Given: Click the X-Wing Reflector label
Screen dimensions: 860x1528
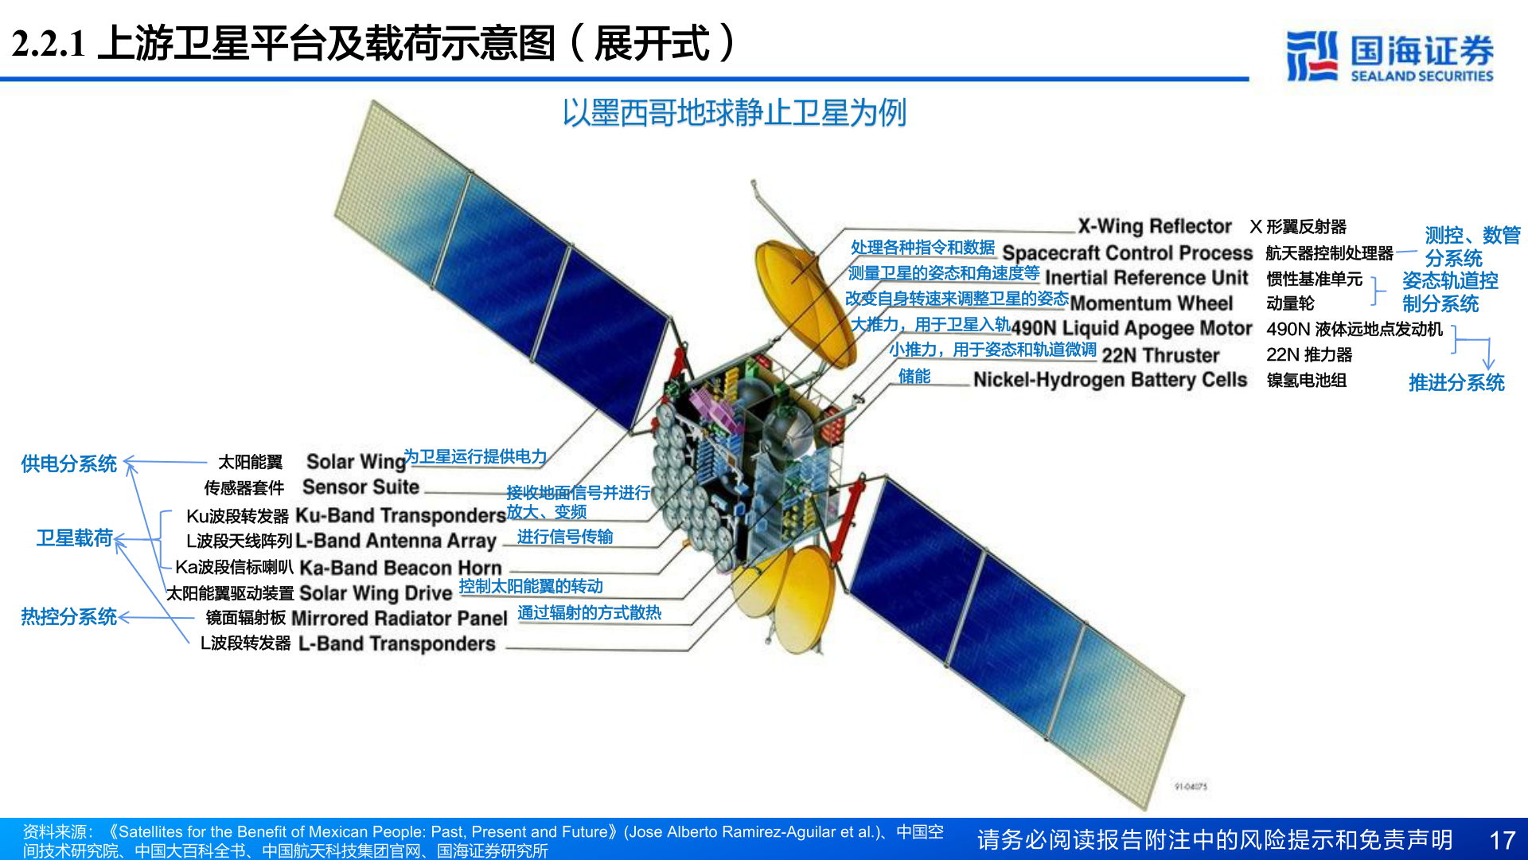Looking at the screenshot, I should point(1154,226).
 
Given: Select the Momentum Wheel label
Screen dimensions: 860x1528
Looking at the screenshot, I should point(1151,303).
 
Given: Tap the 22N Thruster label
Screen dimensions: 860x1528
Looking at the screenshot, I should point(1160,355).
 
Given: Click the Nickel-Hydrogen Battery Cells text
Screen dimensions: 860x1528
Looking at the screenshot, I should point(1109,380).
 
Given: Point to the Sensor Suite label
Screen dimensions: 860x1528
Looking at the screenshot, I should point(361,487).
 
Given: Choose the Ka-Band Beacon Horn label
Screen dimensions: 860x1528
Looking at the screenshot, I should point(400,568).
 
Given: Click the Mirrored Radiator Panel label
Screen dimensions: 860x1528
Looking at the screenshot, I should point(399,618).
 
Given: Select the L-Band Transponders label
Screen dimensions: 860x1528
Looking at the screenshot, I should point(396,643).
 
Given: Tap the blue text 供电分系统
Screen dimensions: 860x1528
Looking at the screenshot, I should point(68,463).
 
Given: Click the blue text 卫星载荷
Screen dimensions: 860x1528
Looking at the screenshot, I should point(75,538).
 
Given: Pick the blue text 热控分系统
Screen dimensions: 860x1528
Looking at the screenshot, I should point(68,616).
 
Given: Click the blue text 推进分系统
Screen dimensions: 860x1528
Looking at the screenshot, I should point(1456,383).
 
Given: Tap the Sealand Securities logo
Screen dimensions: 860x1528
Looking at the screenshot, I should point(1390,56).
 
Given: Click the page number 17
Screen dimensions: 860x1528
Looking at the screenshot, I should point(1502,840).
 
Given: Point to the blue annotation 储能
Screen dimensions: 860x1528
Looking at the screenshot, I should point(914,377).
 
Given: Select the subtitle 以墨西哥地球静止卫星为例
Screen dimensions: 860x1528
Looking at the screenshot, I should point(734,113).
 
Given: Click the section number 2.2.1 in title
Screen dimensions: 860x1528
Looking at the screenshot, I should point(49,44).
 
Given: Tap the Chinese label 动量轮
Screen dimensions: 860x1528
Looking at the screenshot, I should point(1290,303).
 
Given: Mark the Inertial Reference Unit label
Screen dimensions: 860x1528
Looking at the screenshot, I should point(1146,278).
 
